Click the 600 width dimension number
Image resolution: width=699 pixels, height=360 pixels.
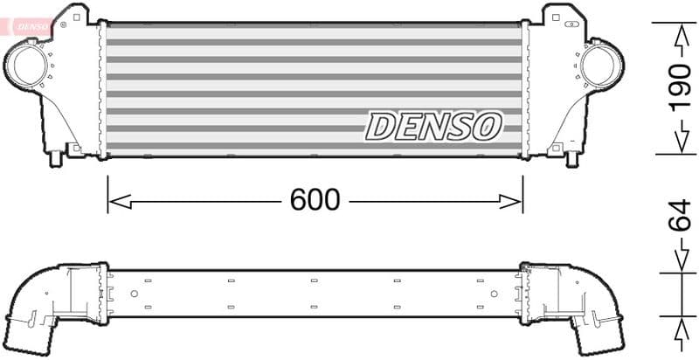[315, 200]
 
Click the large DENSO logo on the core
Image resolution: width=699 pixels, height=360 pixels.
[433, 127]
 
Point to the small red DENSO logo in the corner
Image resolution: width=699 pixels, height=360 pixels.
[27, 26]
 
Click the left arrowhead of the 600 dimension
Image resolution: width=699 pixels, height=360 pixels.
[118, 202]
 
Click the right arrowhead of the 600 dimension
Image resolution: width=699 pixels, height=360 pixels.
[512, 202]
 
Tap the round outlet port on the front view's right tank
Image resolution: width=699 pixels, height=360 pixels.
[600, 66]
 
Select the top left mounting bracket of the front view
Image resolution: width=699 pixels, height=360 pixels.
[70, 15]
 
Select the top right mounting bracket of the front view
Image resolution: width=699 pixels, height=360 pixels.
[560, 15]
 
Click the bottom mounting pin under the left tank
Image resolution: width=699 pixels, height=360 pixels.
[59, 160]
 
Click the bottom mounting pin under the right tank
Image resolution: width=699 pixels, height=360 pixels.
[572, 160]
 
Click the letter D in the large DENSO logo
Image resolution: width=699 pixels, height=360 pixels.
[381, 127]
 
